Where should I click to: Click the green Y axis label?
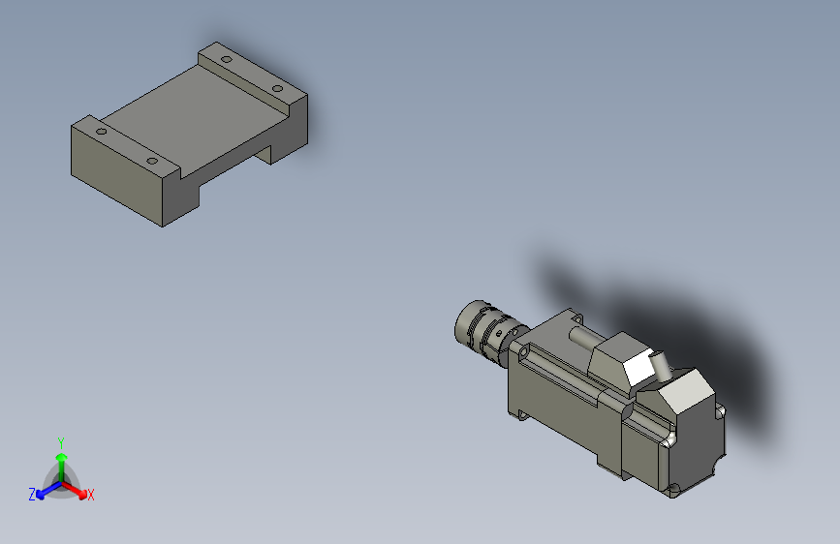click(61, 440)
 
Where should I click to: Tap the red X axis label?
click(91, 496)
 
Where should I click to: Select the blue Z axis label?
click(31, 495)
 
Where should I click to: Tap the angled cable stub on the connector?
click(662, 367)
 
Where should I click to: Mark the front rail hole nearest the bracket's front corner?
click(152, 161)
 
